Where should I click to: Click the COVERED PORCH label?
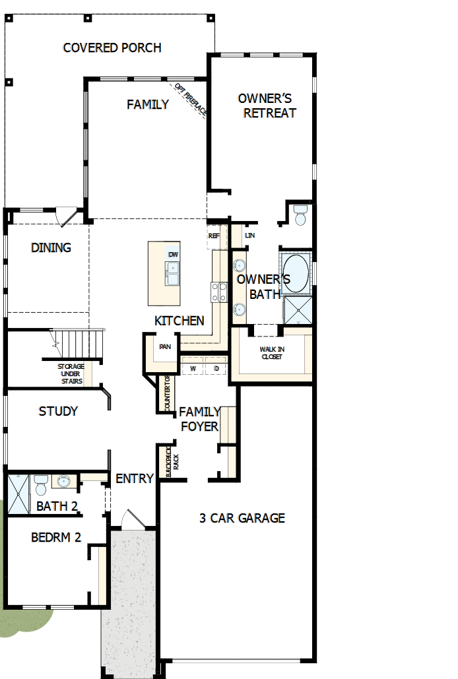(112, 48)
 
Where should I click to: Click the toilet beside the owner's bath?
(300, 215)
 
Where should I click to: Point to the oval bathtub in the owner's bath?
(296, 275)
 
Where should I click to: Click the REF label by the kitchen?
(214, 236)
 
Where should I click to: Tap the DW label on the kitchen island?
(173, 255)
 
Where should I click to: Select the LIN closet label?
(249, 236)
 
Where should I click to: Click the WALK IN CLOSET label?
(271, 353)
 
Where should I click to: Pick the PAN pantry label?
(165, 346)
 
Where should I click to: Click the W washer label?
(193, 368)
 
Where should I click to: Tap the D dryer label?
(216, 368)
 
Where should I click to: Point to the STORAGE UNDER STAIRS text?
(71, 373)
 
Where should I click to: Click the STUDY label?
(58, 411)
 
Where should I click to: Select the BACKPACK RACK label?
(171, 462)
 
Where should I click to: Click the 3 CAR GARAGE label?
(242, 518)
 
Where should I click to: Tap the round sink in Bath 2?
(64, 481)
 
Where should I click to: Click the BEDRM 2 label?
(56, 537)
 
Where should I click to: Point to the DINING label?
(51, 248)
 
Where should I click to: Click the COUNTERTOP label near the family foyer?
(167, 393)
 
